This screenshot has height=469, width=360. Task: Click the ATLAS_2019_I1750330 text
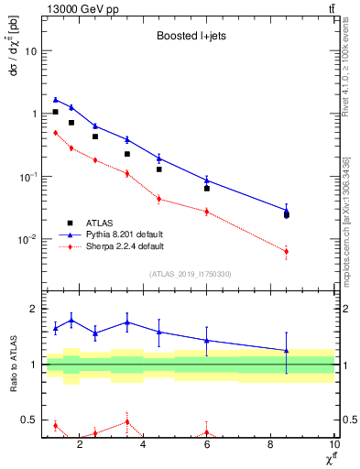point(191,274)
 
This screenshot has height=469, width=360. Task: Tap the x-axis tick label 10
point(333,448)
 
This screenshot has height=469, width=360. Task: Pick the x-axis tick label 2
point(81,448)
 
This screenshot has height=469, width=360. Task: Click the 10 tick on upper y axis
point(32,50)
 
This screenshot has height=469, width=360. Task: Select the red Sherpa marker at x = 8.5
point(287,251)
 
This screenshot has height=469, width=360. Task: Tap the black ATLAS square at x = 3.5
point(127,154)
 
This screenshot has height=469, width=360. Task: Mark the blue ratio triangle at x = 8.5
point(287,350)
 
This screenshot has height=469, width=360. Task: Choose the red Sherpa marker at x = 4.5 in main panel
point(159,199)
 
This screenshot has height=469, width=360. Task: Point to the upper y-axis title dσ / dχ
point(13,64)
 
